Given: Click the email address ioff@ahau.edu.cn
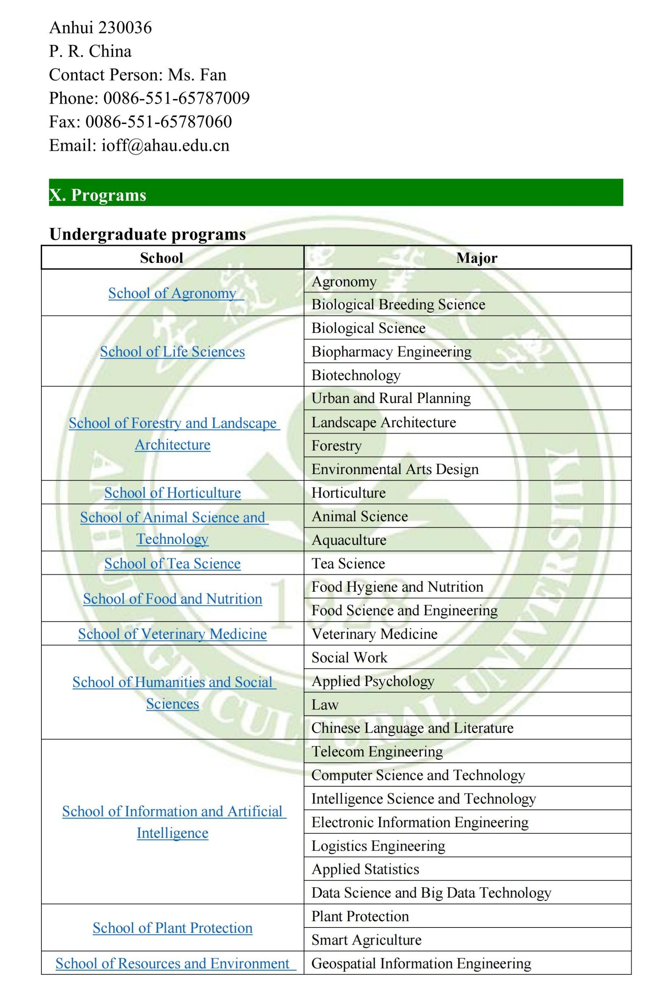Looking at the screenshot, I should click(x=165, y=146).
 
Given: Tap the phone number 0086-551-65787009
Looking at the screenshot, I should click(x=176, y=98).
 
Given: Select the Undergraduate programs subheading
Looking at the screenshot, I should click(x=148, y=234).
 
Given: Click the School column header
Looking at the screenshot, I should click(x=161, y=258).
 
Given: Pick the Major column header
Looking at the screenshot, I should click(x=476, y=258).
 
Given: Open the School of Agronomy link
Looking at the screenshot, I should click(x=172, y=293).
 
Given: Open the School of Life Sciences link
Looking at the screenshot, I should click(x=172, y=351).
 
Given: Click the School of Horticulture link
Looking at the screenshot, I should click(x=172, y=493).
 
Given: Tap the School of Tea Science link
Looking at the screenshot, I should click(x=172, y=563).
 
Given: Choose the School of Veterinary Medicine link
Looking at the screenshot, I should click(x=172, y=634).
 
